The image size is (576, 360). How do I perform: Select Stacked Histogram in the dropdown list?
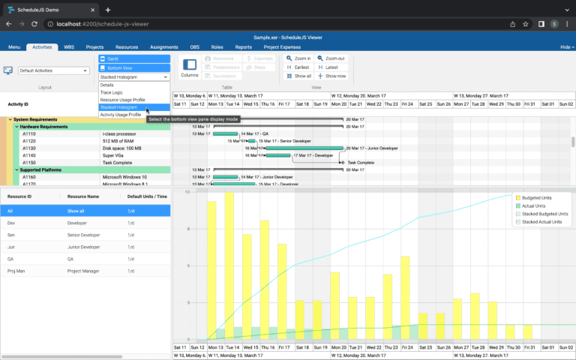click(118, 107)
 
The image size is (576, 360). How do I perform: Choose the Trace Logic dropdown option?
click(112, 92)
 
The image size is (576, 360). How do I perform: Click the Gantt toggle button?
click(133, 58)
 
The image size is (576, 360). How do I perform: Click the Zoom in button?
click(298, 58)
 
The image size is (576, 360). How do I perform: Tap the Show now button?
click(331, 76)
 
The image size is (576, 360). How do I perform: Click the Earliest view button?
click(298, 67)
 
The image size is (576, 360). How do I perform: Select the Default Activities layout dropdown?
click(53, 70)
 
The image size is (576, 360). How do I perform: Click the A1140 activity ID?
click(29, 155)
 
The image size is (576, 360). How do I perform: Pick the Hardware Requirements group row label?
click(43, 127)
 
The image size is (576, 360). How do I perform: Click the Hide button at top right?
click(565, 47)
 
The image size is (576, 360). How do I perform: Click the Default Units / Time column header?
click(146, 196)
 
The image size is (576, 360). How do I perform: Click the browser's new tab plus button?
click(108, 10)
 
